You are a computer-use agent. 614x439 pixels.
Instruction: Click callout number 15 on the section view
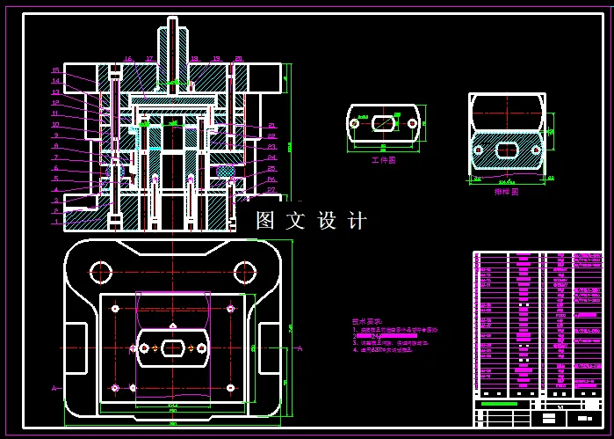click(x=54, y=70)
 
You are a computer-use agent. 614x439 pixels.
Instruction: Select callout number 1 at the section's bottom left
click(x=54, y=222)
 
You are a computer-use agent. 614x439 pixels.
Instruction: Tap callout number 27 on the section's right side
click(x=271, y=190)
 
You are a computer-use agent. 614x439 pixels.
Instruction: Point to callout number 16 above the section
click(x=128, y=59)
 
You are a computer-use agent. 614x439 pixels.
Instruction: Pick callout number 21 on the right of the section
click(x=271, y=126)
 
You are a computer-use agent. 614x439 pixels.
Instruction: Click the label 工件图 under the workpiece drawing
click(x=383, y=161)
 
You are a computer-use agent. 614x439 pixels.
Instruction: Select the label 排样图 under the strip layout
click(x=506, y=191)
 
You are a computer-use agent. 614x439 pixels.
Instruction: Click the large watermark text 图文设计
click(x=311, y=221)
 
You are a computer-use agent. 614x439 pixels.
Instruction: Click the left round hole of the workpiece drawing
click(x=355, y=123)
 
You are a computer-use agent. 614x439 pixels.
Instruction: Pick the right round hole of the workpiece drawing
click(x=410, y=123)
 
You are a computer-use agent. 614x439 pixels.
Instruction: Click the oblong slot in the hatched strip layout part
click(x=507, y=150)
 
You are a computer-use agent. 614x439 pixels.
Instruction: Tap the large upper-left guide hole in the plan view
click(x=103, y=271)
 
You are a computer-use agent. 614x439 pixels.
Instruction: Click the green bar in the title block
click(x=499, y=404)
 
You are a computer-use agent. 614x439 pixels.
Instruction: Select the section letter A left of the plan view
click(x=54, y=388)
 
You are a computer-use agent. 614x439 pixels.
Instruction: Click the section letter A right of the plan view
click(x=300, y=348)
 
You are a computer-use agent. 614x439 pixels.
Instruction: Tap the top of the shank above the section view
click(x=172, y=20)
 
